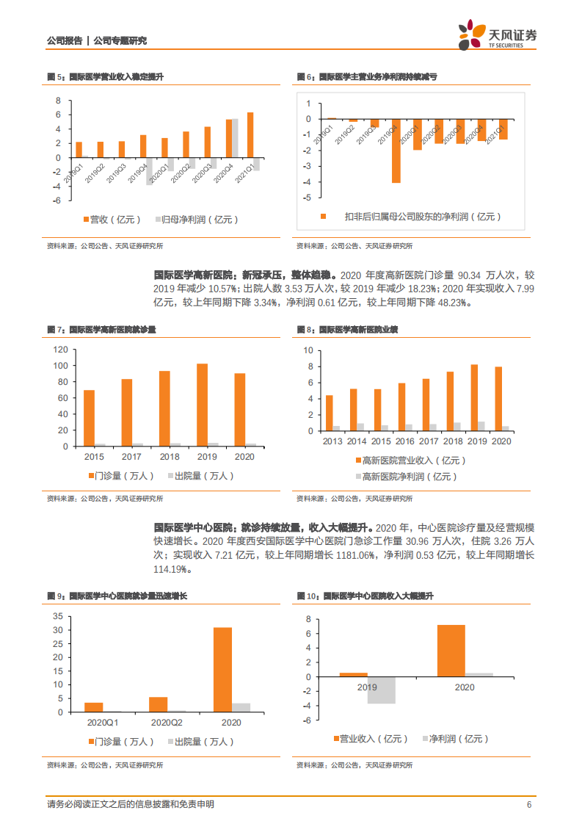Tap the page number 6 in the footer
(528, 805)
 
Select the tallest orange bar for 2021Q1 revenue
(250, 134)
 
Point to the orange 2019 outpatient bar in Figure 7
(202, 405)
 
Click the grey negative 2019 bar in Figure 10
(382, 690)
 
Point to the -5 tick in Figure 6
(308, 198)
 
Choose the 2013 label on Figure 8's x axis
(332, 441)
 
